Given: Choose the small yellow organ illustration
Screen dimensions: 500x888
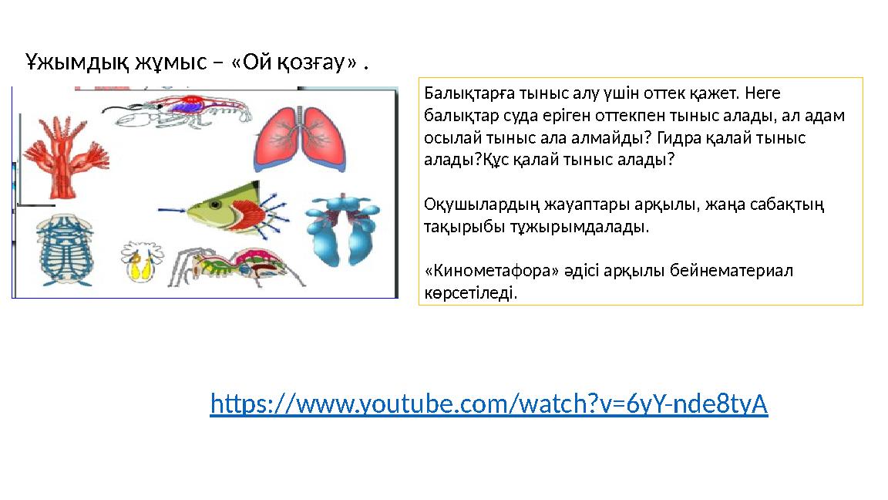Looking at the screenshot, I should [x=140, y=263].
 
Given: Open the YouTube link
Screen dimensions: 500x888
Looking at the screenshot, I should [x=489, y=404].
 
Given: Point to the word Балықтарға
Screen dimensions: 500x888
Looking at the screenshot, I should [x=461, y=93].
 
